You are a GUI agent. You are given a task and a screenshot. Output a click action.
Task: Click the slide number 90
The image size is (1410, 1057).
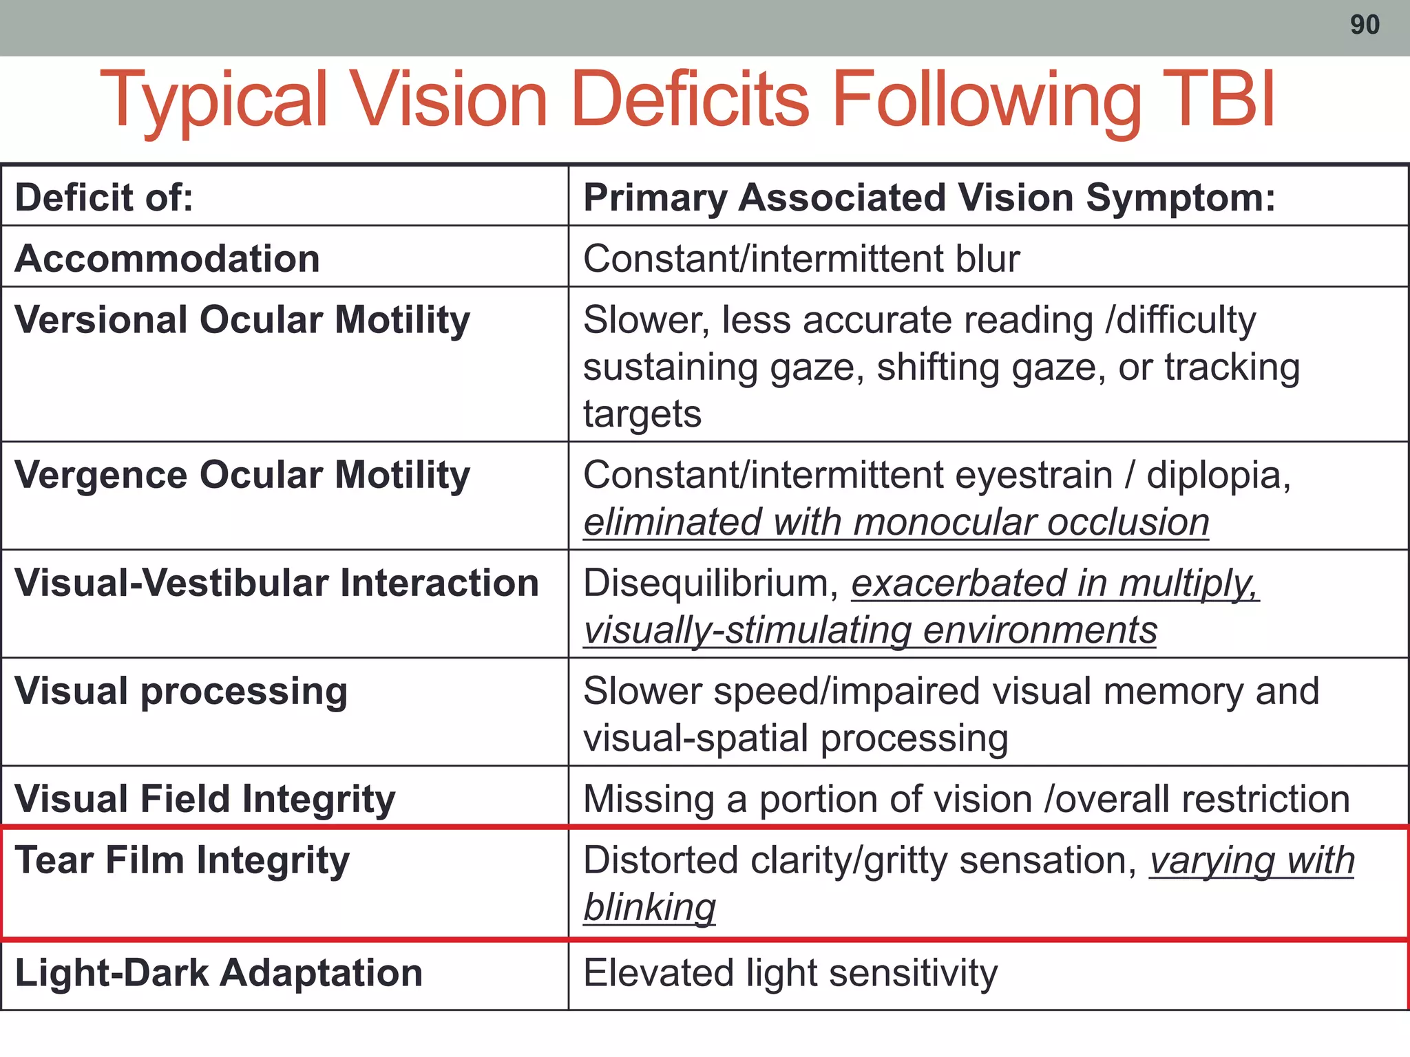pyautogui.click(x=1365, y=25)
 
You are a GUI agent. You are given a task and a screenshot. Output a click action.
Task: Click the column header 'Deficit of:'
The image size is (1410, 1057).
pyautogui.click(x=104, y=198)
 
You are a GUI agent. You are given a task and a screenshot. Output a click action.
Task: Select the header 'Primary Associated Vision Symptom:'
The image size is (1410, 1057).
pyautogui.click(x=929, y=198)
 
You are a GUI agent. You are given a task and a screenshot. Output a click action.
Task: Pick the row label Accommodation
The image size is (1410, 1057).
pyautogui.click(x=167, y=259)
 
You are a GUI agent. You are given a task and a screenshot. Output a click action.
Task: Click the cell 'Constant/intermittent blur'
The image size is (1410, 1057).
pyautogui.click(x=801, y=259)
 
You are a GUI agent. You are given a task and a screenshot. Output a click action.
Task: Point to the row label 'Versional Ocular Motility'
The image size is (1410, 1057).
pyautogui.click(x=242, y=321)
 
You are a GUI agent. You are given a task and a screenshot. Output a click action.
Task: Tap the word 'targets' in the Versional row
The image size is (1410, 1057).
pyautogui.click(x=642, y=414)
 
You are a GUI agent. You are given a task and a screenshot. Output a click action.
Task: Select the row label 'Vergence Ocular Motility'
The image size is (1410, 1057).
pyautogui.click(x=242, y=476)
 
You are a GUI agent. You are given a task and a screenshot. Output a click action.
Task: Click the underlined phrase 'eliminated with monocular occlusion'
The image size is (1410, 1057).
pyautogui.click(x=896, y=522)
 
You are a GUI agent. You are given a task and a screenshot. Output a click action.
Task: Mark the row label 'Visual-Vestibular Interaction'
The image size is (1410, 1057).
pyautogui.click(x=277, y=584)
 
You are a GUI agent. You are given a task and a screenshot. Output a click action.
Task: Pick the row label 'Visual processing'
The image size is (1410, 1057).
pyautogui.click(x=181, y=692)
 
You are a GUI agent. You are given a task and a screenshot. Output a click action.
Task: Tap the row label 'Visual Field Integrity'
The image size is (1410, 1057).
pyautogui.click(x=205, y=800)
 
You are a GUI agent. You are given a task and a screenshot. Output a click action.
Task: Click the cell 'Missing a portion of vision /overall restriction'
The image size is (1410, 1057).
pyautogui.click(x=966, y=800)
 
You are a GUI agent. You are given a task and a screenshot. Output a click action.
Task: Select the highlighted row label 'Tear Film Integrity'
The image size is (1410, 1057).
pyautogui.click(x=182, y=861)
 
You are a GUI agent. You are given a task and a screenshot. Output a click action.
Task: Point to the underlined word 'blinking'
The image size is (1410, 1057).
pyautogui.click(x=649, y=908)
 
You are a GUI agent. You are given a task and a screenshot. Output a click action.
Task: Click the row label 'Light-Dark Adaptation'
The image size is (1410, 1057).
pyautogui.click(x=219, y=973)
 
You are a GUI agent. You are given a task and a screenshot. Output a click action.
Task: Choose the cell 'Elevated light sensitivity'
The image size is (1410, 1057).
pyautogui.click(x=790, y=973)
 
